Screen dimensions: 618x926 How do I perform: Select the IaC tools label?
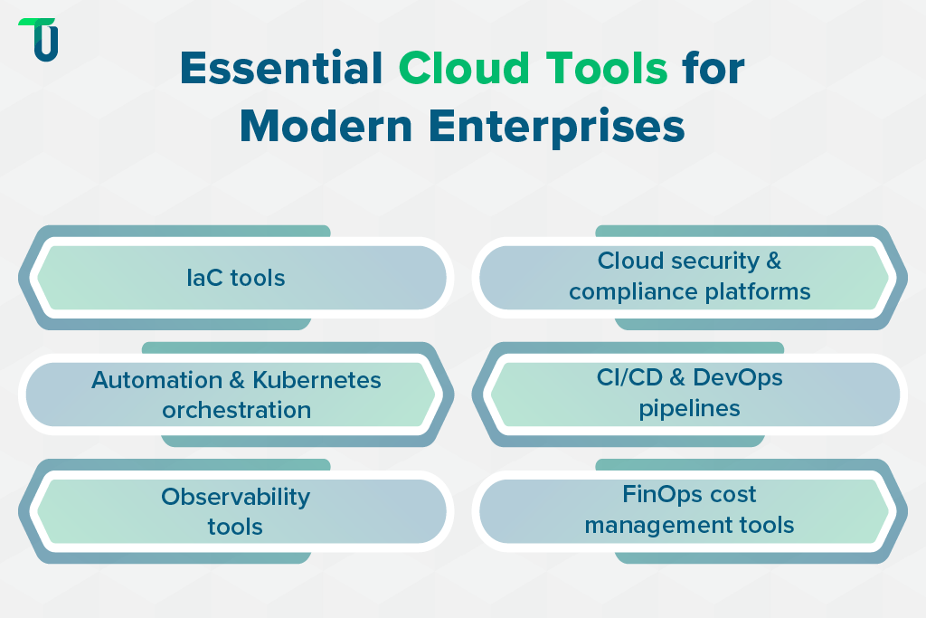click(x=236, y=278)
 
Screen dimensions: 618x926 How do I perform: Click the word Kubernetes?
click(x=317, y=380)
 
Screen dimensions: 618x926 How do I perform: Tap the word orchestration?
click(x=237, y=410)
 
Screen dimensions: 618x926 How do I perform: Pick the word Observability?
click(x=236, y=497)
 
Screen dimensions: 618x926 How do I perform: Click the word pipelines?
click(x=690, y=408)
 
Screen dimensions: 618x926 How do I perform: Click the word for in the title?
click(x=713, y=69)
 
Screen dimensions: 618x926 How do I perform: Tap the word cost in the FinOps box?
click(x=733, y=495)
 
